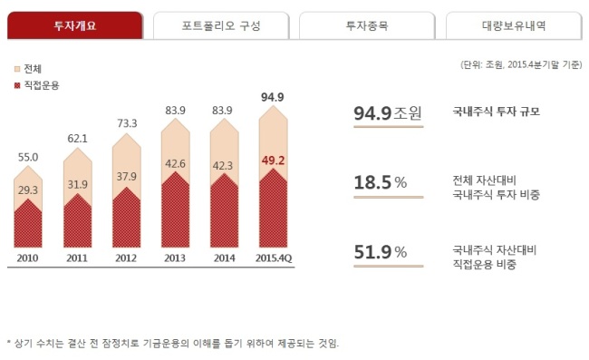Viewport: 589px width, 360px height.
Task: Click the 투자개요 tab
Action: coord(75,25)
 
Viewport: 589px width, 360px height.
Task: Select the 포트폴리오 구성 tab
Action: coord(221,25)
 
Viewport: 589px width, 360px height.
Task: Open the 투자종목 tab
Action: coord(367,25)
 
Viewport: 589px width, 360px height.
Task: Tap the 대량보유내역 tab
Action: coord(514,25)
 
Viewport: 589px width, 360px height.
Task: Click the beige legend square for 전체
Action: coord(17,69)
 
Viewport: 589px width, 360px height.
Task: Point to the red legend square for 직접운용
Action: coord(17,85)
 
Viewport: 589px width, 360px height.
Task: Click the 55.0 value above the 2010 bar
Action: coord(28,157)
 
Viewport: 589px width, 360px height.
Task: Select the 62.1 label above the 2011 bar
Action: coord(77,139)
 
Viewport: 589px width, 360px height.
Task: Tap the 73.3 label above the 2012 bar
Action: coord(127,123)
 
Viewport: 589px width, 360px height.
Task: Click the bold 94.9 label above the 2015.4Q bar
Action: coord(273,97)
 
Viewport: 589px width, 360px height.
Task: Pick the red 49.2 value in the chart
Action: coord(273,161)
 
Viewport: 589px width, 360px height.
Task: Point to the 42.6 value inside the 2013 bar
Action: coord(175,164)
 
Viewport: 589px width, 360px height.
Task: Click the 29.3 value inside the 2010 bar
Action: coord(28,190)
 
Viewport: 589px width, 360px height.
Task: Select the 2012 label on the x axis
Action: coord(126,258)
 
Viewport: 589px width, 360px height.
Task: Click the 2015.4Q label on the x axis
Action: coord(274,258)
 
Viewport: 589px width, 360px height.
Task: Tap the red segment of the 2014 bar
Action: coord(224,214)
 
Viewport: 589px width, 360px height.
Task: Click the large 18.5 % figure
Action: coord(381,182)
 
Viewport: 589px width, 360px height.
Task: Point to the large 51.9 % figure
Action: coord(381,252)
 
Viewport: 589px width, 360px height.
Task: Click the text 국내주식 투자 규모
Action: coord(497,112)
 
